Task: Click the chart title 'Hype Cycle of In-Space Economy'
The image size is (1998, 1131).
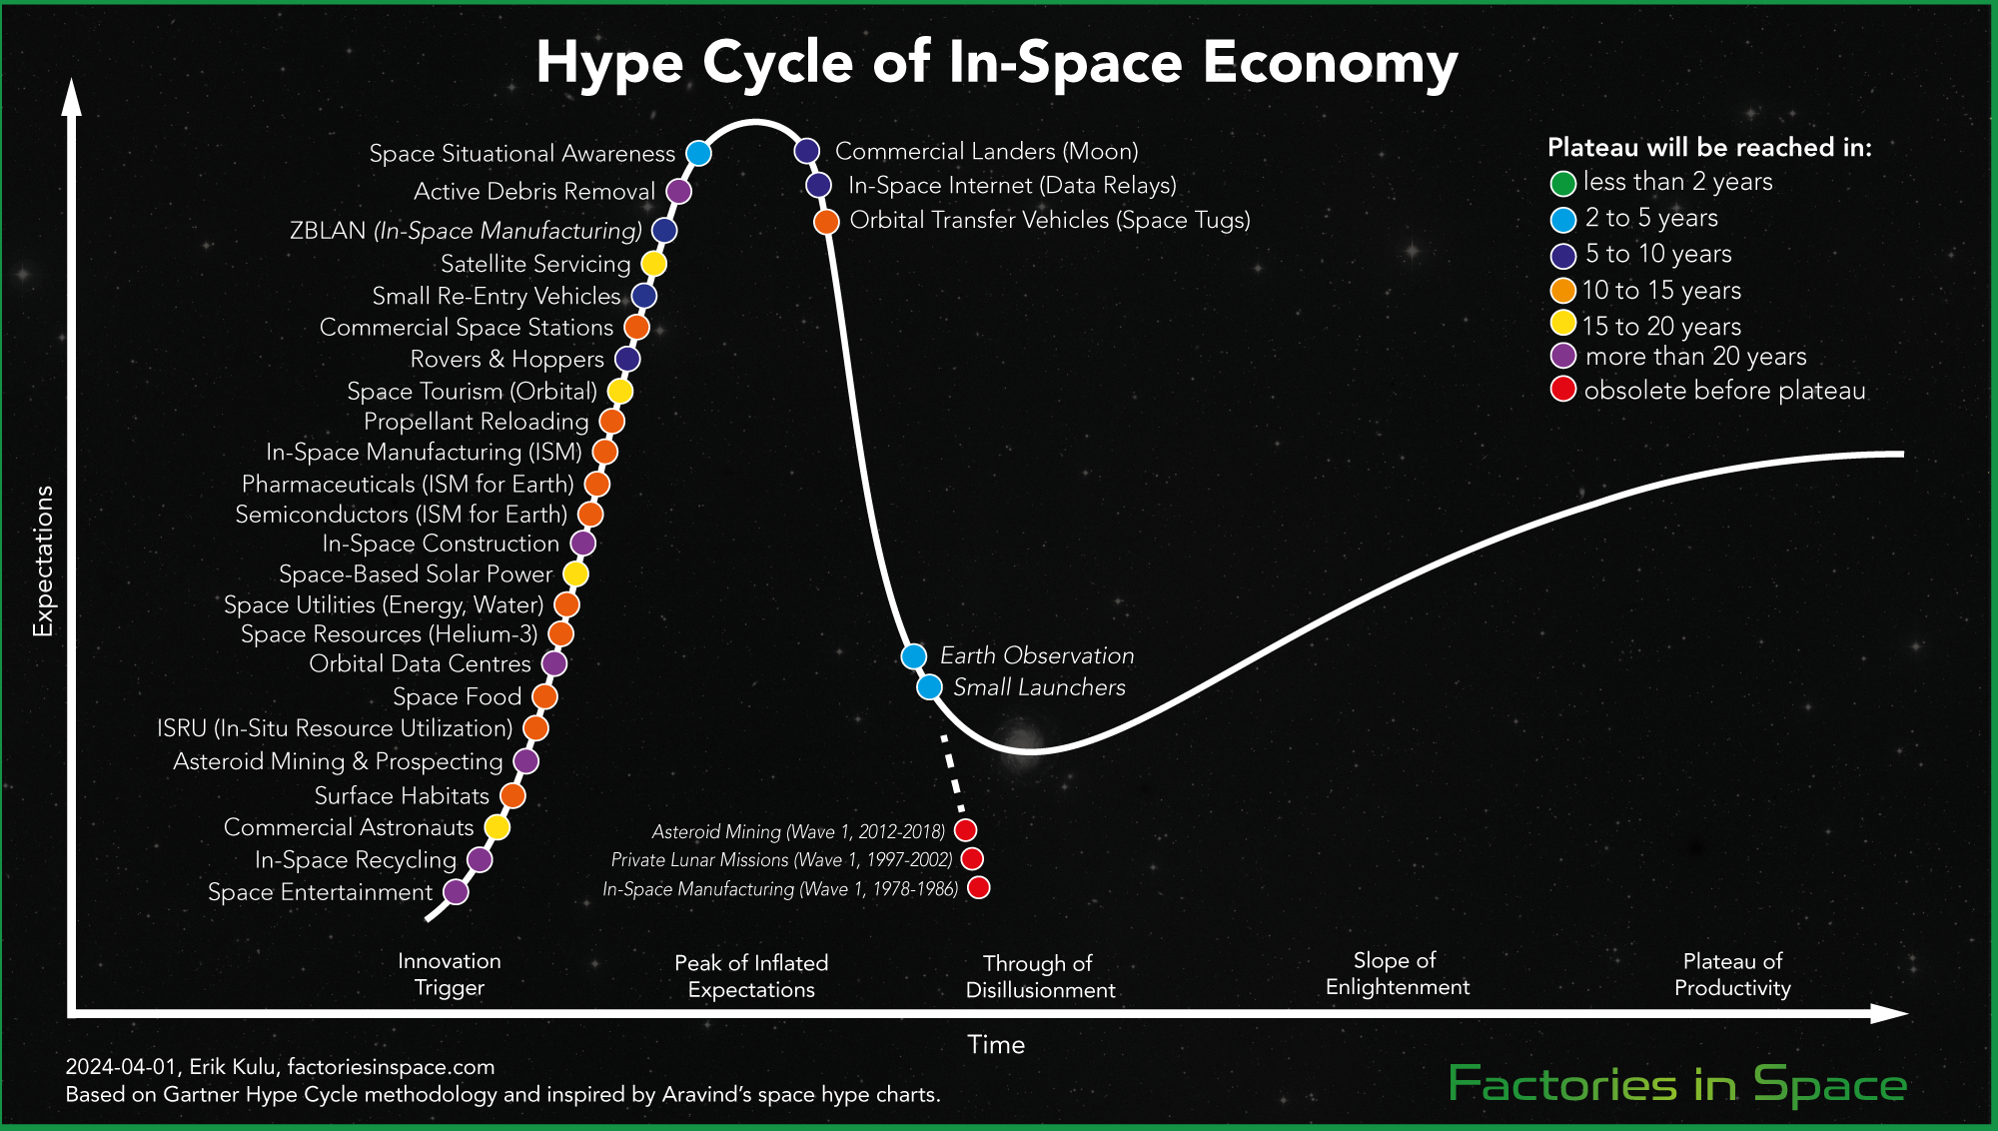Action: pos(996,62)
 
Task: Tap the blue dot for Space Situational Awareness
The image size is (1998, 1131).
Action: pos(698,153)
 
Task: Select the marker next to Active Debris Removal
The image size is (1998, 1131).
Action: pos(678,191)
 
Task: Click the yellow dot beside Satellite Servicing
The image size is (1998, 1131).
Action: pos(653,264)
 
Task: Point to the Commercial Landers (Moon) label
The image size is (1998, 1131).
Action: pos(986,151)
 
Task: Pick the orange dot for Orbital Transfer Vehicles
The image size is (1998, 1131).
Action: pos(826,222)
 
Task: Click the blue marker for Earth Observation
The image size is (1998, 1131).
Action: pos(914,656)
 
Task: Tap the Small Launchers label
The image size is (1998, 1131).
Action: pos(1039,687)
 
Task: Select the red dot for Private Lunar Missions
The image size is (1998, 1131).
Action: pos(972,859)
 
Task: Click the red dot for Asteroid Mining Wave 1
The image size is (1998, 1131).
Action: pos(965,830)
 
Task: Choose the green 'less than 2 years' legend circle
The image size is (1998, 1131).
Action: pos(1563,183)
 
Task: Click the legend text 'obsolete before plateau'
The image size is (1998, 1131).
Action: pos(1724,391)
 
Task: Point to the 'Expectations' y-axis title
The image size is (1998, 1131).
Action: pos(43,561)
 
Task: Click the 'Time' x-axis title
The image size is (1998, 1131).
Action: pos(996,1045)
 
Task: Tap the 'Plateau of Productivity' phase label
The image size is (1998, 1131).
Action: pos(1732,974)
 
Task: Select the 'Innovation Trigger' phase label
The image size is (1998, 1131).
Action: pos(450,974)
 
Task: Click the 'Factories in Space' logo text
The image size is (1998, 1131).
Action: pos(1677,1085)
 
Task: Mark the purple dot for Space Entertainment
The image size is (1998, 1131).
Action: pos(456,891)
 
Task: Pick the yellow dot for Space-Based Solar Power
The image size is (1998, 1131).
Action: pos(575,574)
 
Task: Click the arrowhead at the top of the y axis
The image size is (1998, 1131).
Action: pos(71,97)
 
